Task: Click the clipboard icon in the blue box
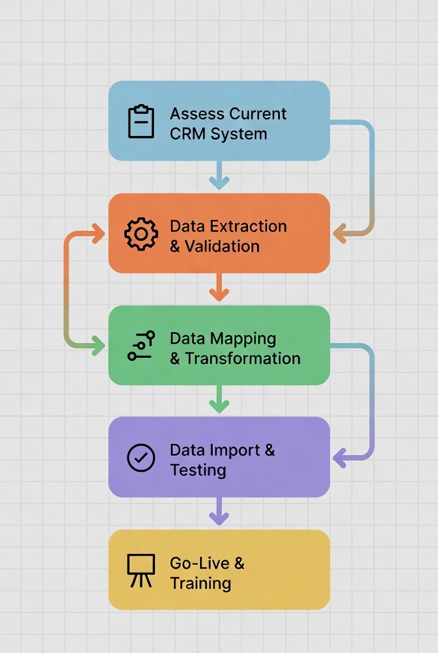pyautogui.click(x=141, y=121)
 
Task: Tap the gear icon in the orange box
pyautogui.click(x=141, y=234)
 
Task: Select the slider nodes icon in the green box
pyautogui.click(x=141, y=346)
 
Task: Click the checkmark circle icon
pyautogui.click(x=141, y=458)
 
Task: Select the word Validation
pyautogui.click(x=222, y=246)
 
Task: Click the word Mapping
pyautogui.click(x=243, y=338)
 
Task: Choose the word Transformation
pyautogui.click(x=242, y=358)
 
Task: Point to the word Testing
pyautogui.click(x=198, y=470)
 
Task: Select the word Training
pyautogui.click(x=201, y=583)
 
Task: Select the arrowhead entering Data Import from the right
pyautogui.click(x=339, y=458)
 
